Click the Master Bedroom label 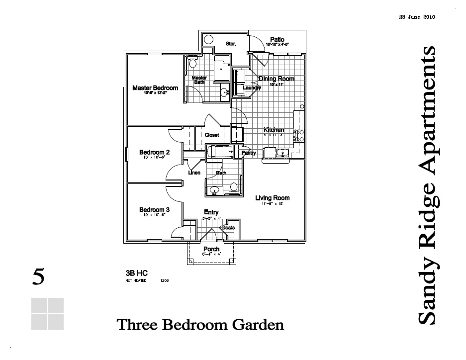[155, 88]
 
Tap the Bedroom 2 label [154, 152]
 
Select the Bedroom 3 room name [154, 210]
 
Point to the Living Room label [272, 198]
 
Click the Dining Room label [277, 79]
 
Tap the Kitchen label [274, 130]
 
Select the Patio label [277, 39]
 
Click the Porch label [211, 249]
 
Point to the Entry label [211, 212]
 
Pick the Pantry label [249, 153]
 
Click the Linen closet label [194, 173]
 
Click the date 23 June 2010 [417, 17]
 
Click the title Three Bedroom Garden [200, 325]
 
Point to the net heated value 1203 [165, 280]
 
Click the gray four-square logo [47, 314]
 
